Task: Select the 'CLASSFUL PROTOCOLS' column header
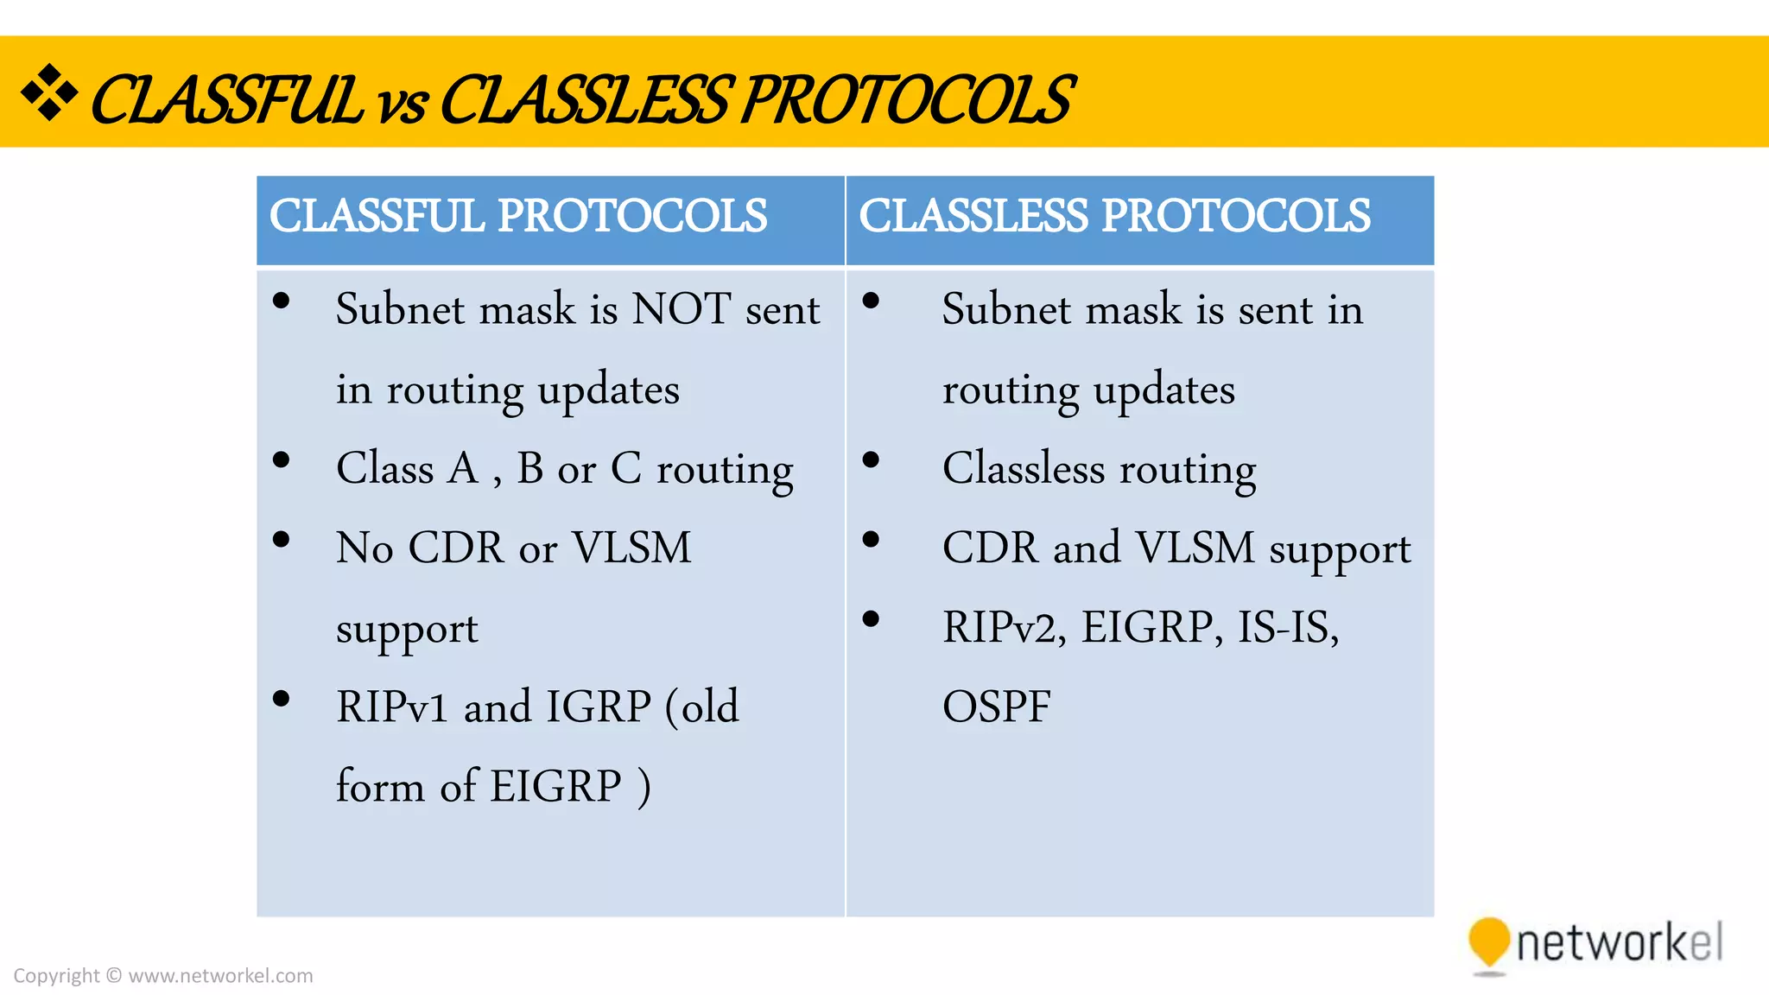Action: click(518, 216)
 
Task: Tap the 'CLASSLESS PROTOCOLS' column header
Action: click(1114, 216)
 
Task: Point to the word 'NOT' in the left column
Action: click(682, 309)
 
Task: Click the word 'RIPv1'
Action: click(392, 707)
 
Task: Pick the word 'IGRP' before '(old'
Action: click(598, 707)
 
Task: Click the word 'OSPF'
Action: click(996, 707)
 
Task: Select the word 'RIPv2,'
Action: click(1005, 628)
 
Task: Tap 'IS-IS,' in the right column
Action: click(1288, 628)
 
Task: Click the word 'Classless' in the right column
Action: click(1024, 469)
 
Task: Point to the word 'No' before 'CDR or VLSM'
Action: click(365, 548)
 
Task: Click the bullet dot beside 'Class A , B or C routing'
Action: click(281, 460)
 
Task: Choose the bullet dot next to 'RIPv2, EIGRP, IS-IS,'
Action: click(871, 619)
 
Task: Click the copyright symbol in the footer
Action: click(114, 976)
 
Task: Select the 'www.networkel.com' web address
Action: click(220, 976)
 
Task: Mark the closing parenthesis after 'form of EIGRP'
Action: click(644, 788)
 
